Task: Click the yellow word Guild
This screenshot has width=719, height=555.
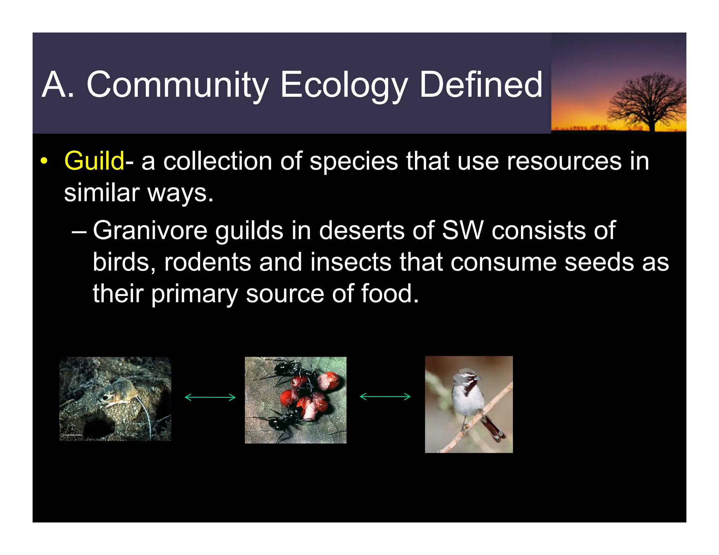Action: coord(94,161)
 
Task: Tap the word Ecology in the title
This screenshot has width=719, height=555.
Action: coord(344,85)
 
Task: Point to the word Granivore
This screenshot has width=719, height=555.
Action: coord(150,231)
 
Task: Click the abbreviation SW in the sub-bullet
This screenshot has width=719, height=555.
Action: coord(462,231)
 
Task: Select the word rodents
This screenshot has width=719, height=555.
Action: coord(207,262)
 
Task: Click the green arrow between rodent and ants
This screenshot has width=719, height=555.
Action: coord(210,397)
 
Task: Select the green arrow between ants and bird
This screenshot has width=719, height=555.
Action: coord(385,397)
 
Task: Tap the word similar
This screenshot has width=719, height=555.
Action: coord(102,193)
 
